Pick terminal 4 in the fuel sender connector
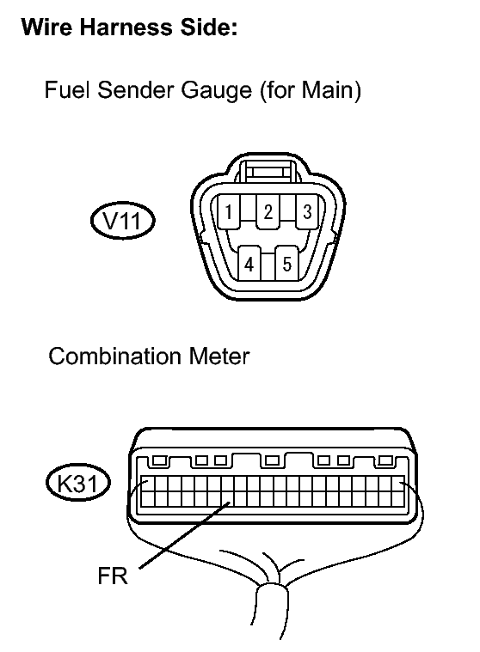(x=249, y=264)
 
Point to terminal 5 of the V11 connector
(x=286, y=264)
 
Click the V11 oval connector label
(x=123, y=221)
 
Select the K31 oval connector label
(x=77, y=483)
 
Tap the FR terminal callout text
(x=113, y=576)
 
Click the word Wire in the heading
(x=46, y=27)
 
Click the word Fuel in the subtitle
(x=66, y=90)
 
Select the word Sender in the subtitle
(x=135, y=90)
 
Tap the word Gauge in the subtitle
(x=217, y=91)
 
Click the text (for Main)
(x=311, y=91)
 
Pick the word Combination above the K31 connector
(x=115, y=356)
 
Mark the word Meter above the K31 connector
(x=219, y=356)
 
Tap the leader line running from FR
(x=185, y=535)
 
